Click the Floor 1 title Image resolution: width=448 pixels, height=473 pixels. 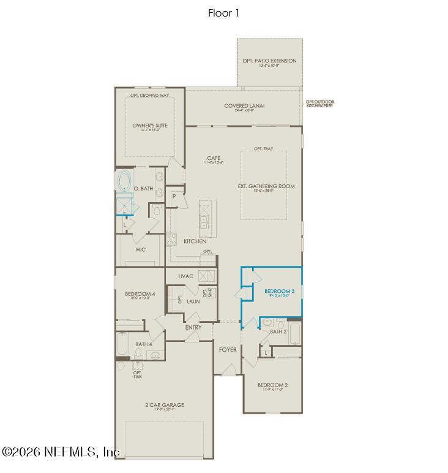(223, 13)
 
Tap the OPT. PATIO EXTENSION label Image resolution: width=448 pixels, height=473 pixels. (269, 61)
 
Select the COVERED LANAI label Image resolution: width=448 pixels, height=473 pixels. (244, 106)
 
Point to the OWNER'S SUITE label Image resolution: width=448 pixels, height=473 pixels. (150, 126)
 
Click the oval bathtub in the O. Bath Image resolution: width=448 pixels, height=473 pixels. (124, 182)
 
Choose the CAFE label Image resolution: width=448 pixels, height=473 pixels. (213, 159)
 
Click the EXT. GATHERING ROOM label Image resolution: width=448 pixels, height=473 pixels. (266, 186)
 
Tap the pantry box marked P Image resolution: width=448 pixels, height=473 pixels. (174, 197)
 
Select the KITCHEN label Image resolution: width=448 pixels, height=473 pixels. (195, 241)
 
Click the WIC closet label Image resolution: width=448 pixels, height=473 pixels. (140, 250)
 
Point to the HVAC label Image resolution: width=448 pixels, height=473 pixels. (186, 276)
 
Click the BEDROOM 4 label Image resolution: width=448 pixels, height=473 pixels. (140, 294)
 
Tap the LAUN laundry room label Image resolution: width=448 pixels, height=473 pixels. (193, 301)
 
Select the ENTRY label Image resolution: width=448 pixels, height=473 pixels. (193, 327)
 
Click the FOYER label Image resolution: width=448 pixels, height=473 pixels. (228, 350)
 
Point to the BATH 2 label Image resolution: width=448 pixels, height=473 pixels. (278, 331)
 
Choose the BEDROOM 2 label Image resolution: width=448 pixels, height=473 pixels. (272, 385)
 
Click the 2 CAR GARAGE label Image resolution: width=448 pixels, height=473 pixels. (164, 405)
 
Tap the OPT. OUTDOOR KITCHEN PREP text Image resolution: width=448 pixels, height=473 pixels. (320, 104)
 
